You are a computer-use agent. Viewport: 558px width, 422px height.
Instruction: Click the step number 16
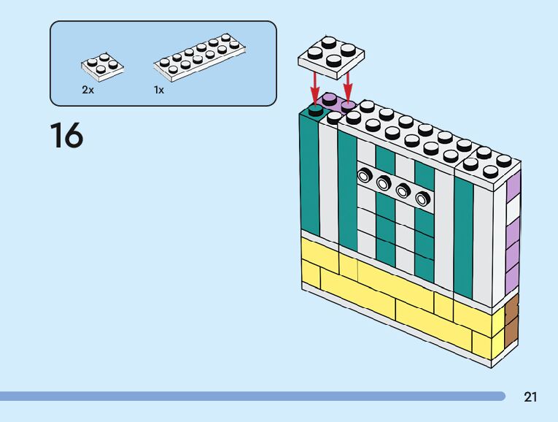[x=66, y=136]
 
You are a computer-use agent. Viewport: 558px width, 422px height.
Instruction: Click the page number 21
[x=530, y=397]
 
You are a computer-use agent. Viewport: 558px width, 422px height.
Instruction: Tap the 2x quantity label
[x=88, y=90]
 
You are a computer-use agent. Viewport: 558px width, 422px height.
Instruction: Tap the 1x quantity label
[x=158, y=90]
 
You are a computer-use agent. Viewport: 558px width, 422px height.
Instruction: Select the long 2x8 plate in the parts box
[x=198, y=55]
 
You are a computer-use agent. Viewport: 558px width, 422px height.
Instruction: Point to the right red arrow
[x=348, y=83]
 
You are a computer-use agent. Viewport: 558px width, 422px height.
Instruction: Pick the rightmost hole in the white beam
[x=422, y=198]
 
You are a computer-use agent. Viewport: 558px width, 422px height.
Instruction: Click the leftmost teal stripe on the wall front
[x=310, y=175]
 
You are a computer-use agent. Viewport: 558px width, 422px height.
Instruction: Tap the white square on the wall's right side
[x=513, y=209]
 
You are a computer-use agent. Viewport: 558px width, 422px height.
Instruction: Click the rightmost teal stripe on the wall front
[x=463, y=234]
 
